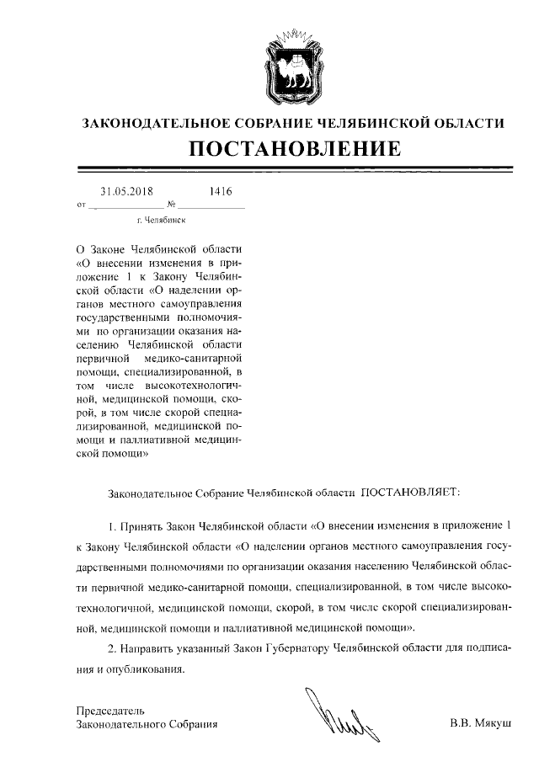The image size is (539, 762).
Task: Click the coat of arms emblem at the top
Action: coord(292,63)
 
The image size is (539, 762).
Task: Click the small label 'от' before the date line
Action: coord(81,205)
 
